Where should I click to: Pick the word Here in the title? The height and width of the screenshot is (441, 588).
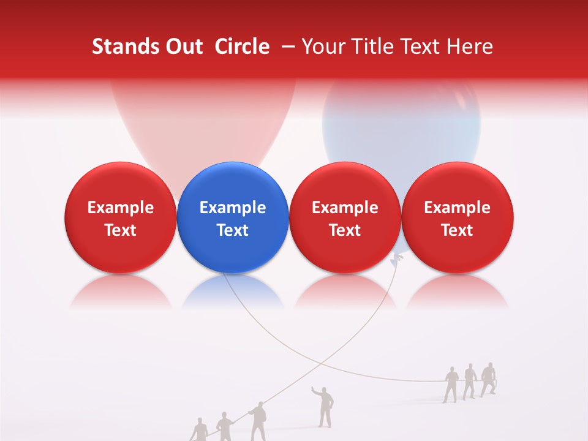pos(470,47)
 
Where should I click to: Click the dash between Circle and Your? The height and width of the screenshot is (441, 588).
pos(285,47)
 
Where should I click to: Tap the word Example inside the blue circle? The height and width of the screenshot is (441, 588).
pos(233,208)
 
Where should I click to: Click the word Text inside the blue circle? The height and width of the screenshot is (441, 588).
pos(233,230)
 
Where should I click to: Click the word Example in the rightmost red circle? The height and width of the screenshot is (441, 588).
pos(458,208)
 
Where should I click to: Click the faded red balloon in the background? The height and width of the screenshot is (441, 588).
pos(202,123)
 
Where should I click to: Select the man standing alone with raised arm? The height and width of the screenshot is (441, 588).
pos(325,407)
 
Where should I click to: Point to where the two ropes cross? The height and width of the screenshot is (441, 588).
pos(321,363)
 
